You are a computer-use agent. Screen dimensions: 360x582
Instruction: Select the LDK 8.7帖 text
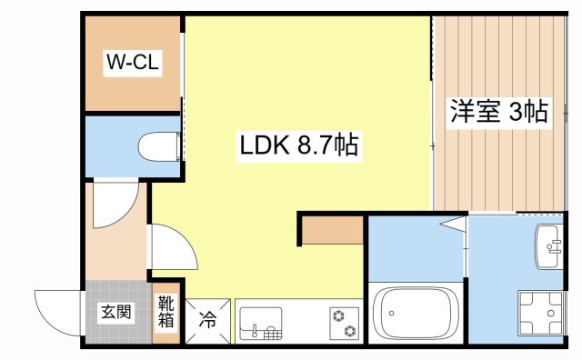(x=297, y=143)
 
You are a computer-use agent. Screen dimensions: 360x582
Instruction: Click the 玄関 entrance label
(x=115, y=313)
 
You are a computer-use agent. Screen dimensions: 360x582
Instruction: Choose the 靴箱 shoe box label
(x=166, y=312)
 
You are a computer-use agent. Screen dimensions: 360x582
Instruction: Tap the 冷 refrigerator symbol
(x=208, y=321)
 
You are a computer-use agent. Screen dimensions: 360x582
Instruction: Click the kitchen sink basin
(x=260, y=323)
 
